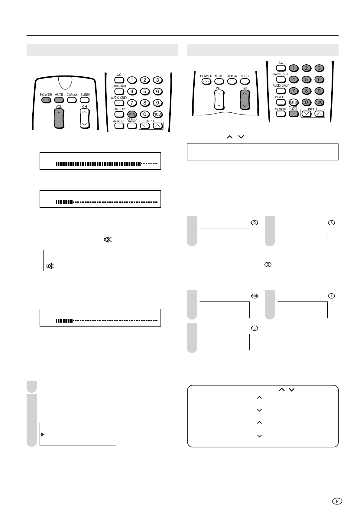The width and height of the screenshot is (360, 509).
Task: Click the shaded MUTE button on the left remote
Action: point(59,100)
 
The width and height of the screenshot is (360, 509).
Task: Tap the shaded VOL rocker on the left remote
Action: point(59,118)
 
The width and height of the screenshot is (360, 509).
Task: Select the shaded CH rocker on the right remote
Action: point(245,100)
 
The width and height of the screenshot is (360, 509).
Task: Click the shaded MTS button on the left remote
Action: point(132,114)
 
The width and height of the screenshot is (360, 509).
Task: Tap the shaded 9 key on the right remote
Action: point(319,91)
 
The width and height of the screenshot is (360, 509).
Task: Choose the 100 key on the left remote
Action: point(157,114)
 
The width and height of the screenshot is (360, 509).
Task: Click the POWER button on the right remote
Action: point(206,81)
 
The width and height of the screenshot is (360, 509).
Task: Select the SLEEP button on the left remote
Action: point(85,100)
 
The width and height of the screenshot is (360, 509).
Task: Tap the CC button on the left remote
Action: point(119,80)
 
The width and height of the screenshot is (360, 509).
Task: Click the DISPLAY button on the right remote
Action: point(232,81)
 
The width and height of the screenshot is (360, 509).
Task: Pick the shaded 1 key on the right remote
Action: point(294,68)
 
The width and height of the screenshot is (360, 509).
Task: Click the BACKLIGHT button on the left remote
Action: point(119,91)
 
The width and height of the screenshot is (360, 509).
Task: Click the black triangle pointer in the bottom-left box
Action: point(43,434)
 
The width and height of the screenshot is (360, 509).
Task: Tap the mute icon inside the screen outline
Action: point(50,266)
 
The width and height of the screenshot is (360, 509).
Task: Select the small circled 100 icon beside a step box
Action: point(255,296)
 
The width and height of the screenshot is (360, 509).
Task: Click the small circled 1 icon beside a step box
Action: point(332,296)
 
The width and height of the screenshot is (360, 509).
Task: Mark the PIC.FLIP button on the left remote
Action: point(119,114)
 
